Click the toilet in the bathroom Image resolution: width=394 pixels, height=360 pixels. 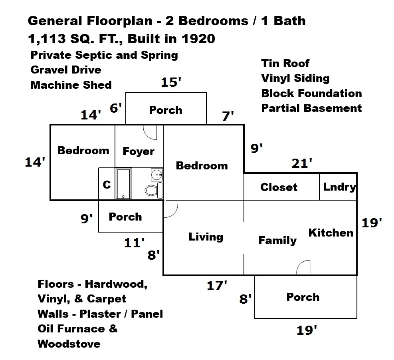(x=154, y=190)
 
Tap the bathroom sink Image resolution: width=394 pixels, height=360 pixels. (x=157, y=175)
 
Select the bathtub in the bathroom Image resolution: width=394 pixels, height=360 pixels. (x=123, y=184)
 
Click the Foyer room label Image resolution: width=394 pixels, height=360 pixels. (x=139, y=151)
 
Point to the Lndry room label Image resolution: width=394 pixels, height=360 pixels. (x=339, y=187)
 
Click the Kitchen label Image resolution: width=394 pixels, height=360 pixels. (x=331, y=233)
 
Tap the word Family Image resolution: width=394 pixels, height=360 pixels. (x=277, y=241)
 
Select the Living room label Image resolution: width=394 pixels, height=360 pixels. (x=206, y=237)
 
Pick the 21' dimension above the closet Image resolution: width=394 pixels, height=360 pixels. (x=302, y=163)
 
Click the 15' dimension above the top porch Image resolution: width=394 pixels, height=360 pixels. (x=171, y=82)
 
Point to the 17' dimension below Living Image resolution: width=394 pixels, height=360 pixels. (x=217, y=286)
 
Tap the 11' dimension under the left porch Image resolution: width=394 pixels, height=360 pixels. (x=135, y=243)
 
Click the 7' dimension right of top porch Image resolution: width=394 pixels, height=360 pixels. (x=228, y=116)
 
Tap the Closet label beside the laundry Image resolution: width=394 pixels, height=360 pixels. (x=279, y=187)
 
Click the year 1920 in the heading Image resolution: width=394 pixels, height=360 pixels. (x=198, y=39)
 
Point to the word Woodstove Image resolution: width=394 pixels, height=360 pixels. (x=69, y=344)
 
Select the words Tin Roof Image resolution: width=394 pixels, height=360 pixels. (x=285, y=63)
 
